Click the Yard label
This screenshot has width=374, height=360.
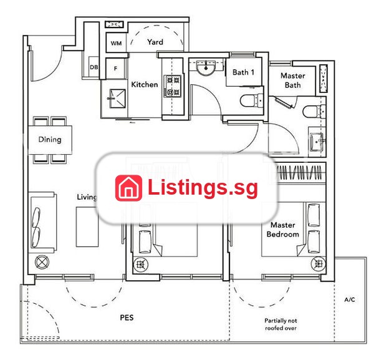coord(155,42)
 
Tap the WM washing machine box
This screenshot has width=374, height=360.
coord(116,43)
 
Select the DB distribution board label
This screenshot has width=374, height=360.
coord(93,67)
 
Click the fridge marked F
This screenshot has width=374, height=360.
coord(115,69)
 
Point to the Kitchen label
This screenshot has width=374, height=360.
coord(145,84)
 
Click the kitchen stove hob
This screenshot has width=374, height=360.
coord(172,86)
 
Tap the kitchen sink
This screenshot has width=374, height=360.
coord(117,99)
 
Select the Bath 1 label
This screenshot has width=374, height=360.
coord(243,72)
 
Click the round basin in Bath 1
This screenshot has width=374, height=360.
coord(206,67)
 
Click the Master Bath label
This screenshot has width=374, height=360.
coord(293,80)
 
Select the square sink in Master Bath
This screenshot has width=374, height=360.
coord(317,142)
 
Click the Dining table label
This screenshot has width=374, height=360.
coord(50,139)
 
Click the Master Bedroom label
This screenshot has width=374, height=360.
coord(282,230)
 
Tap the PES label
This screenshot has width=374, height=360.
coord(127,318)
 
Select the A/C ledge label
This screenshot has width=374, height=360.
coord(350,299)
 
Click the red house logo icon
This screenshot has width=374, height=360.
coord(128,188)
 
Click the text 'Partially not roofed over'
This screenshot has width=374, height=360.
coord(280,324)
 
